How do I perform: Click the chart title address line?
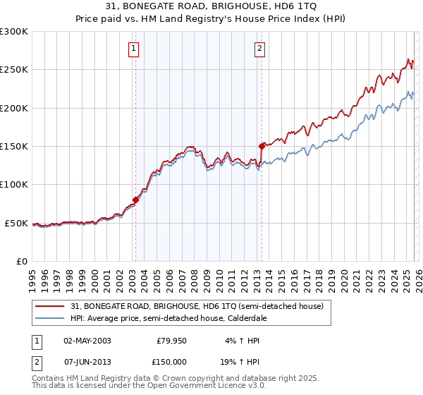[211, 7]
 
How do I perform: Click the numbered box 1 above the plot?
[134, 49]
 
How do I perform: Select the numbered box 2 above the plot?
[260, 49]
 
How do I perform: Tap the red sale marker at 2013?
[262, 147]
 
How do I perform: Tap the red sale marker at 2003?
[135, 200]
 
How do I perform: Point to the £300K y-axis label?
[14, 32]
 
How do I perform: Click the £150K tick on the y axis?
[14, 147]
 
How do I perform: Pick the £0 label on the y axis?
[21, 261]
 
